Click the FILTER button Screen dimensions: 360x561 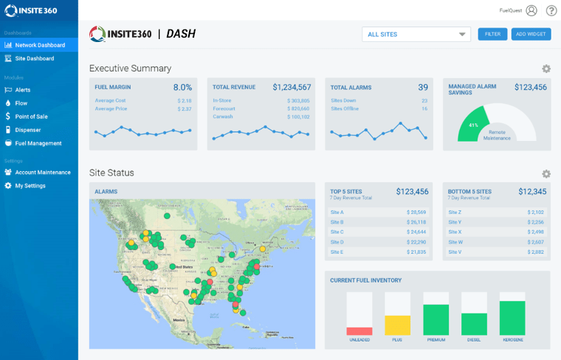(492, 34)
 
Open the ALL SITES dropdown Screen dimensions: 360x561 (416, 34)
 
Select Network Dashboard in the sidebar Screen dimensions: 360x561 (40, 45)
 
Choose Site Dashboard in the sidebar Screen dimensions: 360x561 (34, 58)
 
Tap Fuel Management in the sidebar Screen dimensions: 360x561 (38, 143)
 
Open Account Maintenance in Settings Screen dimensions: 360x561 (42, 173)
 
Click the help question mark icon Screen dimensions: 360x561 (551, 10)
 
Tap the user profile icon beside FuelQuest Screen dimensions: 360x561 (531, 10)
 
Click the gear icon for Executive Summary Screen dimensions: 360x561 (546, 69)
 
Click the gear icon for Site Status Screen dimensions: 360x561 (546, 173)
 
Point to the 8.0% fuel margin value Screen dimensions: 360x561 (182, 87)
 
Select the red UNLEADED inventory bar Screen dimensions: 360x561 (359, 331)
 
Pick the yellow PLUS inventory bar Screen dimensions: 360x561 (397, 325)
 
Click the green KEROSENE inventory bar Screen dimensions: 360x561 (512, 318)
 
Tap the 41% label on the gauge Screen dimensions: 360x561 (473, 125)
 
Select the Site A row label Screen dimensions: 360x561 (337, 212)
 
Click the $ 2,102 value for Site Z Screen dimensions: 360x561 (537, 212)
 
